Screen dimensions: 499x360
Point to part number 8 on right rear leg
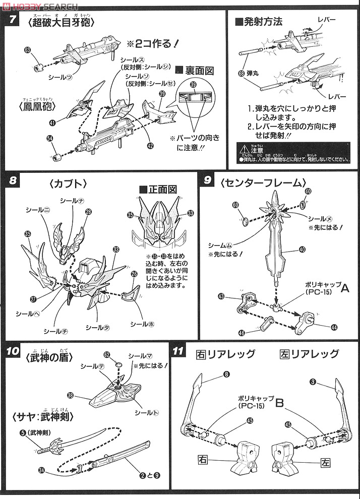(227, 374)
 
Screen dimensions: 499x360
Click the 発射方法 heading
(259, 22)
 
